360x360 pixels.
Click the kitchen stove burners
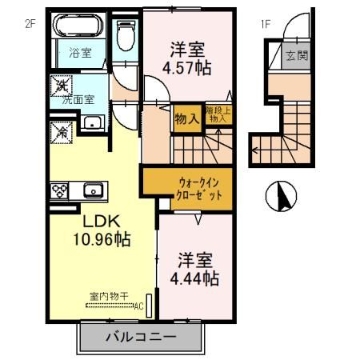[x=60, y=191]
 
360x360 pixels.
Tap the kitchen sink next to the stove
[x=93, y=190]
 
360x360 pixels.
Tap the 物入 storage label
[x=186, y=118]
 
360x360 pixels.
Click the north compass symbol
[x=281, y=194]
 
